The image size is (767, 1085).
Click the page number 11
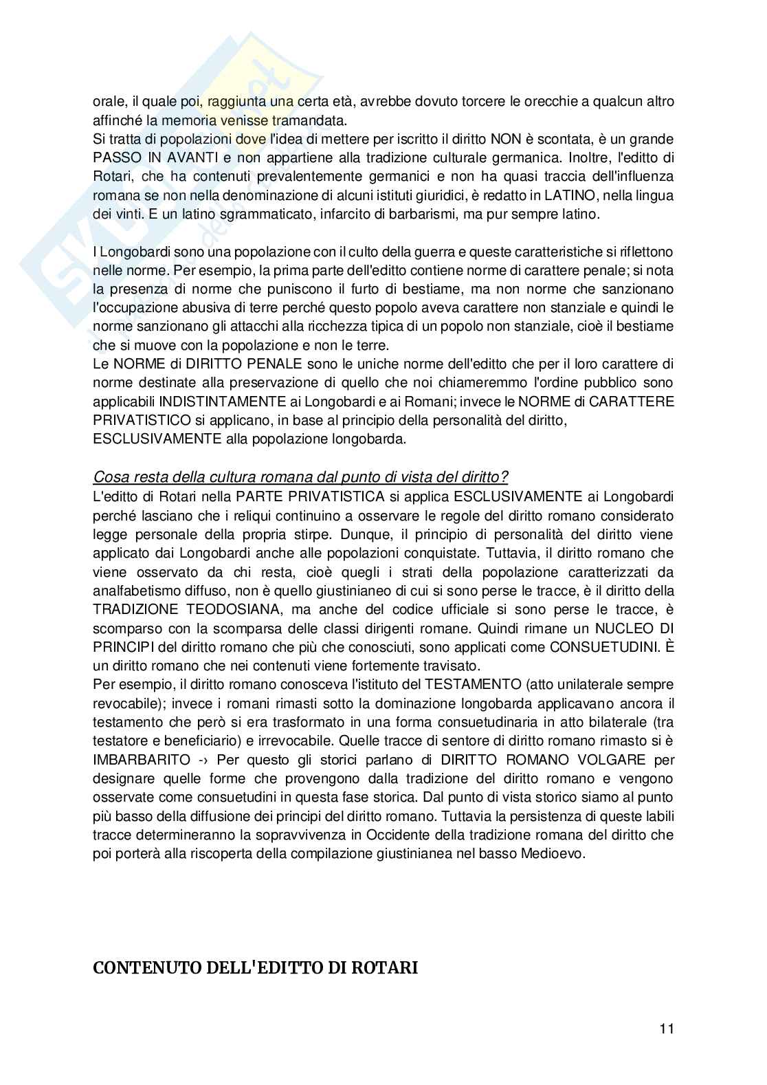666,1029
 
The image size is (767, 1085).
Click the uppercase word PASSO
113,158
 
